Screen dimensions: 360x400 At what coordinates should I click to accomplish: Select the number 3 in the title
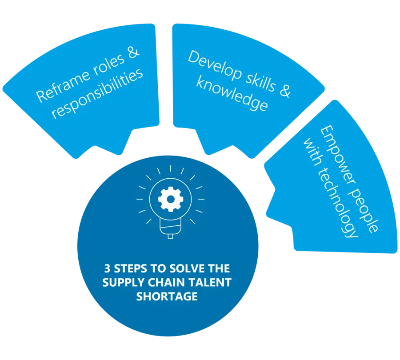point(107,269)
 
